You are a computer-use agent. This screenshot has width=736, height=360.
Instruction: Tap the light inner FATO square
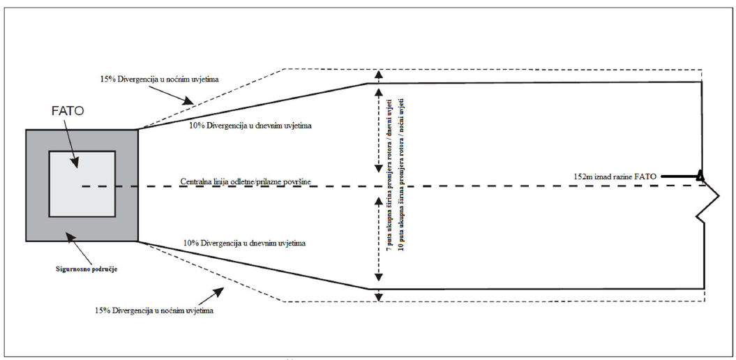tap(82, 183)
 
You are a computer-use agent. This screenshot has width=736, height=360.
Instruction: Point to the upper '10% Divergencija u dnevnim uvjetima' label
tap(250, 126)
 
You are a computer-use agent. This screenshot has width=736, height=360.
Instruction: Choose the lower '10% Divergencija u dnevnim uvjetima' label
tap(244, 243)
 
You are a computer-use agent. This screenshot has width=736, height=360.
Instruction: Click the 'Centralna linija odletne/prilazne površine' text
tap(246, 181)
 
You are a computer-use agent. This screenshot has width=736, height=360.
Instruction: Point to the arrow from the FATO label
tap(70, 147)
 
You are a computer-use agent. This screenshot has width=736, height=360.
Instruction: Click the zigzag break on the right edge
tap(707, 207)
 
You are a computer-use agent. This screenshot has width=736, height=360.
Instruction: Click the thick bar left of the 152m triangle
tap(677, 177)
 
